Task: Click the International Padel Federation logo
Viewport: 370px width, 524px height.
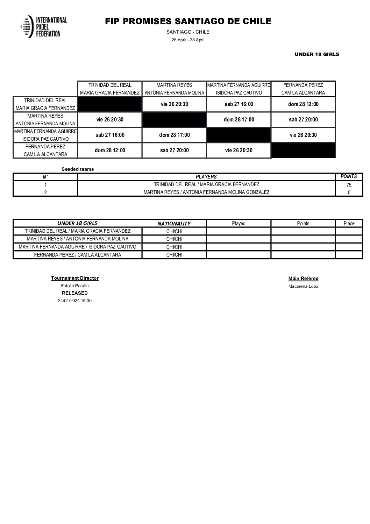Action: pyautogui.click(x=44, y=27)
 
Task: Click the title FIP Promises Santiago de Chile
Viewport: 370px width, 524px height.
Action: pyautogui.click(x=188, y=21)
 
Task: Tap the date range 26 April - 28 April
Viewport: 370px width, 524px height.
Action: pyautogui.click(x=188, y=40)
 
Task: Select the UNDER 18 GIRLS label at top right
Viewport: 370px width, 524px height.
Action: pyautogui.click(x=316, y=54)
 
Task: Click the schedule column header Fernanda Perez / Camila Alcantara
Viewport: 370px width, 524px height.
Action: pyautogui.click(x=303, y=89)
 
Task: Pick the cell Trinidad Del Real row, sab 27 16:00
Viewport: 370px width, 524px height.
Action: pyautogui.click(x=239, y=104)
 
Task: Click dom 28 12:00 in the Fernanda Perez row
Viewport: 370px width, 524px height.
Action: pyautogui.click(x=110, y=151)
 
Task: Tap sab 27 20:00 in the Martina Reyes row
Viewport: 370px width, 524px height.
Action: pyautogui.click(x=303, y=120)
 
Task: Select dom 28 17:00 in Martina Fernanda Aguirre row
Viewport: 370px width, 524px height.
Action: pyautogui.click(x=174, y=135)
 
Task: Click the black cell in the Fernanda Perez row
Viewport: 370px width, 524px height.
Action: pyautogui.click(x=303, y=151)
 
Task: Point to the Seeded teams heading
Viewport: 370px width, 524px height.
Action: pyautogui.click(x=78, y=169)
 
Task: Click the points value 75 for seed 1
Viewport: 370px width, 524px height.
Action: pyautogui.click(x=349, y=185)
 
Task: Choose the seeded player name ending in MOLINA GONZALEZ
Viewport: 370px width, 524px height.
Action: pyautogui.click(x=206, y=192)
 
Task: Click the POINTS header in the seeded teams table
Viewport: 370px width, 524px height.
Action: pyautogui.click(x=349, y=177)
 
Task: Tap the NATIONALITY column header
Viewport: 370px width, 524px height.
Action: pyautogui.click(x=174, y=224)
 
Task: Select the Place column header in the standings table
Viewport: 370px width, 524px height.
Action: pyautogui.click(x=349, y=224)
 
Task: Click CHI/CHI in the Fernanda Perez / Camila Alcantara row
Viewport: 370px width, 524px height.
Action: pyautogui.click(x=174, y=255)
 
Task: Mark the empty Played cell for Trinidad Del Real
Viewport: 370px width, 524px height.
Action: pyautogui.click(x=239, y=231)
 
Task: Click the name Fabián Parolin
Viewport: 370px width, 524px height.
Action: pyautogui.click(x=75, y=286)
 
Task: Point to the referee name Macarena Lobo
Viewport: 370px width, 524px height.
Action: pyautogui.click(x=303, y=286)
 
